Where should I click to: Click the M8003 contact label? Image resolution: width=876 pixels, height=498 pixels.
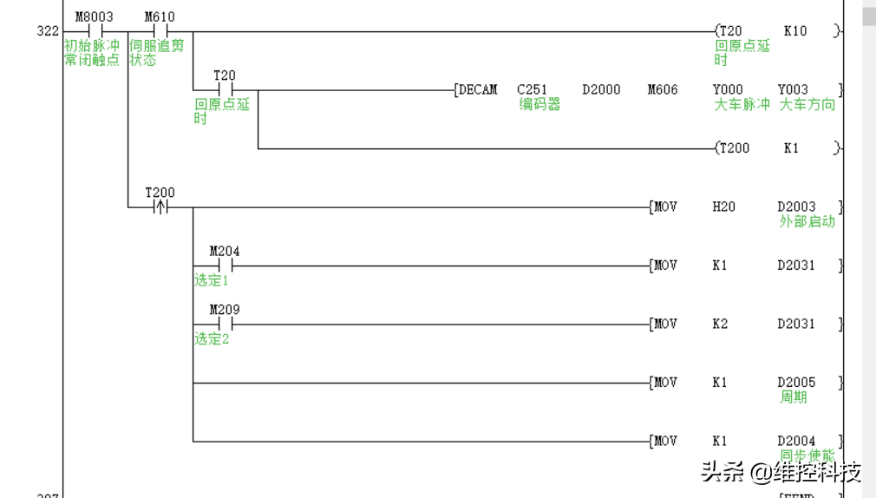click(94, 17)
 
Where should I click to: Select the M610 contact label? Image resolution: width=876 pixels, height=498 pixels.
click(159, 17)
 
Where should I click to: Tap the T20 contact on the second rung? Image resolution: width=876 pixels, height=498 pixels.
click(225, 89)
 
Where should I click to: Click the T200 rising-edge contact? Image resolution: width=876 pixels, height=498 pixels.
click(160, 207)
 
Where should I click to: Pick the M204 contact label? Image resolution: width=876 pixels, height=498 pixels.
click(225, 252)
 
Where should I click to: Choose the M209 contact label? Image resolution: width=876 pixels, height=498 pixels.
click(225, 310)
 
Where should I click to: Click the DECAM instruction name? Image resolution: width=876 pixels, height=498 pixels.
click(478, 89)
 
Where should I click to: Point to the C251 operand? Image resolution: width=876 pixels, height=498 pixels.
click(532, 89)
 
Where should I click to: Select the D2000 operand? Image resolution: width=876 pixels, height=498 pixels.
click(601, 89)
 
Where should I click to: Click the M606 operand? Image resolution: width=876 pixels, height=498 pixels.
click(663, 89)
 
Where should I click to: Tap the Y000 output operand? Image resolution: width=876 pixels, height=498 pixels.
click(728, 89)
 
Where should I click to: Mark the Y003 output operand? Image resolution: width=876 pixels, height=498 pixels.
click(793, 89)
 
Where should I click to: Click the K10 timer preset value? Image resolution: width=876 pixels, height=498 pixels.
click(794, 31)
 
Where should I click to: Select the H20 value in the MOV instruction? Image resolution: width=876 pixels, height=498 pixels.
click(723, 206)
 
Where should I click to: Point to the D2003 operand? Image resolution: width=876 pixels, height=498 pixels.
click(796, 206)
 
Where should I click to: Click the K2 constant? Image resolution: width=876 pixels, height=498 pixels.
click(720, 324)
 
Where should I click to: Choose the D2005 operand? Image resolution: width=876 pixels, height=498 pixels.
click(796, 383)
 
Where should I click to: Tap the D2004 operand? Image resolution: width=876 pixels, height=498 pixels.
click(796, 441)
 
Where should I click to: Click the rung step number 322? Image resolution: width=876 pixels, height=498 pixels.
click(48, 31)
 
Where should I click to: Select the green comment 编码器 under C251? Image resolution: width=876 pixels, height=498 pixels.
click(539, 104)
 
